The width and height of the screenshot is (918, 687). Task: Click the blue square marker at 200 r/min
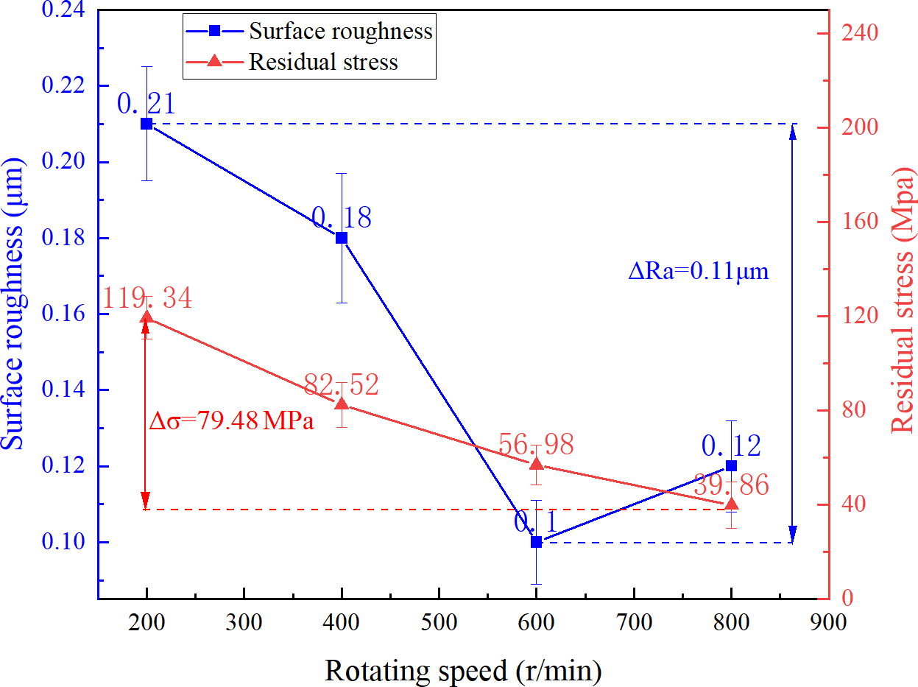coord(146,124)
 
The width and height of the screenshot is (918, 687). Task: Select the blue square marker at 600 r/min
coord(537,542)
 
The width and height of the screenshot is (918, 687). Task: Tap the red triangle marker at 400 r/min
coord(342,404)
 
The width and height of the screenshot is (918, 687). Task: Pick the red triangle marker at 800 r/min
coord(731,504)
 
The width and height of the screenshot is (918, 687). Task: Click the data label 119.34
coord(146,299)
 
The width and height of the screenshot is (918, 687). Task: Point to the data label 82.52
coord(341,384)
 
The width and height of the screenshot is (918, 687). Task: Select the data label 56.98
coord(535,444)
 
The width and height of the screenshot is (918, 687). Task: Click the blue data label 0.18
coord(341,217)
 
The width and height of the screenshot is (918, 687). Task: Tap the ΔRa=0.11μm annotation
coord(698,272)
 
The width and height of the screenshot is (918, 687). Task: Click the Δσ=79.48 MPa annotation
coord(231,422)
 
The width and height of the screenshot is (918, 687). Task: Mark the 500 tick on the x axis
coord(439,622)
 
